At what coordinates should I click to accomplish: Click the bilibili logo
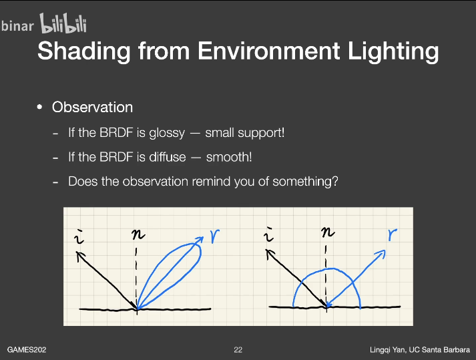(x=63, y=23)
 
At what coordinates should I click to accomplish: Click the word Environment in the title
(x=269, y=51)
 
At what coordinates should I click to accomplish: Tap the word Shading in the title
(x=84, y=51)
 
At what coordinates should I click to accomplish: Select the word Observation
(x=92, y=108)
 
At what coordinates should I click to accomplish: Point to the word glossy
(x=167, y=133)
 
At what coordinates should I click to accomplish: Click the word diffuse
(x=168, y=157)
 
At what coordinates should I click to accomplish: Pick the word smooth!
(x=229, y=157)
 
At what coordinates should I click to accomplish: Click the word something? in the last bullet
(x=305, y=182)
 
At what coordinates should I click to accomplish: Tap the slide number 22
(x=238, y=350)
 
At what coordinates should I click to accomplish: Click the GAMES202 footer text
(x=27, y=350)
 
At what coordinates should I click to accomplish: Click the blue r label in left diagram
(x=215, y=236)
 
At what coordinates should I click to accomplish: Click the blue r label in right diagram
(x=392, y=234)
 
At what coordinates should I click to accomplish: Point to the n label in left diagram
(x=138, y=234)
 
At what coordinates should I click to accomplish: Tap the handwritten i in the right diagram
(x=268, y=235)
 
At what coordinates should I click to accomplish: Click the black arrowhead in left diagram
(x=79, y=256)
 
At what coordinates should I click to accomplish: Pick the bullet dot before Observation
(x=39, y=108)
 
